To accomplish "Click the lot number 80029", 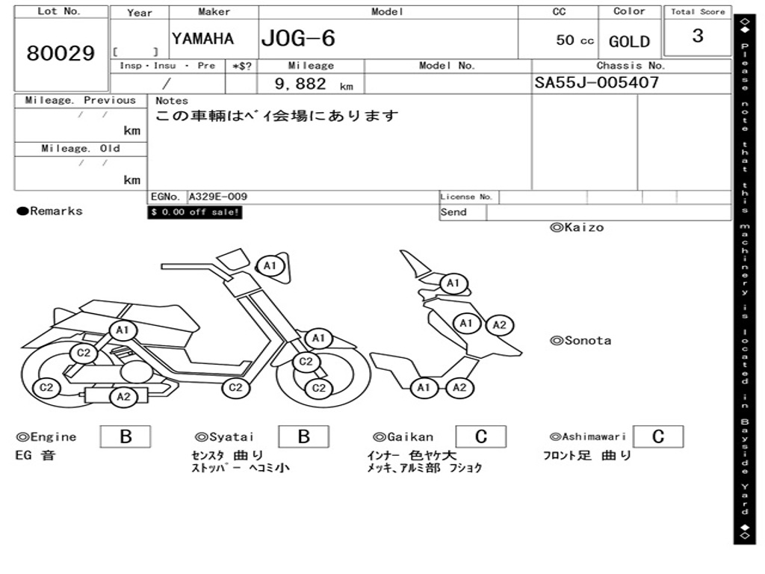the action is [61, 54].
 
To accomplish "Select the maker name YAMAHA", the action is [202, 39].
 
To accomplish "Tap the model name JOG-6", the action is [298, 39].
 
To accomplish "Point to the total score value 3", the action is [697, 36].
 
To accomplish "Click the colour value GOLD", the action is [629, 42].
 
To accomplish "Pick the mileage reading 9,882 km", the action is [313, 84].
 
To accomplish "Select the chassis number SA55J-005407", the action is [596, 83].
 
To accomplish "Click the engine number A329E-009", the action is [217, 197].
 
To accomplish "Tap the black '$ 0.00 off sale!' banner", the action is [195, 212].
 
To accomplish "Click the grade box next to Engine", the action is [125, 436].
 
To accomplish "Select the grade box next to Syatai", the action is [303, 436].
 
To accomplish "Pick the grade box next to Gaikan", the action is [480, 436].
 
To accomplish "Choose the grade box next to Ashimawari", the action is [657, 436].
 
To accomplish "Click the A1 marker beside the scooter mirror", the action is [270, 265].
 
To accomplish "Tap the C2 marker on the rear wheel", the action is [46, 387].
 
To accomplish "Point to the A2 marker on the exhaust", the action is [123, 397].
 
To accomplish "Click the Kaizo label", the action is [577, 227].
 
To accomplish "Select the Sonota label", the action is [580, 341].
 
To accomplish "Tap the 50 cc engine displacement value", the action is [574, 40].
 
